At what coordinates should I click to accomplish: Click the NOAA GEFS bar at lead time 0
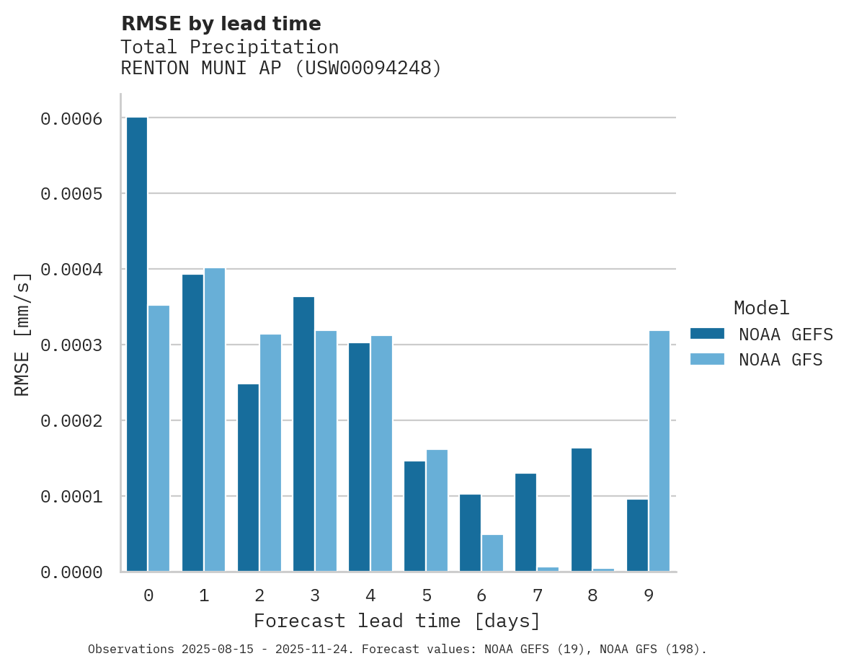[x=137, y=344]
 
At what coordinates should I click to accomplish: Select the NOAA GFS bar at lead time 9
[x=659, y=451]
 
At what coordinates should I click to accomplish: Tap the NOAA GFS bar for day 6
[x=492, y=553]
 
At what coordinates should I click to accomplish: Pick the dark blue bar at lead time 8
[x=582, y=510]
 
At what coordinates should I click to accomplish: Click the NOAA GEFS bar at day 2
[x=248, y=477]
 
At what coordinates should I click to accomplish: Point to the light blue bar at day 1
[x=215, y=420]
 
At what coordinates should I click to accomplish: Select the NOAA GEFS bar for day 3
[x=303, y=434]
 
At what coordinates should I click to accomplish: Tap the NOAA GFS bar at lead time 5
[x=437, y=510]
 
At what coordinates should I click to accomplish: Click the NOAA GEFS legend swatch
[x=706, y=334]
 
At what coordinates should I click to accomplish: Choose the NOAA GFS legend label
[x=781, y=360]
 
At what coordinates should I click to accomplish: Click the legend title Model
[x=761, y=308]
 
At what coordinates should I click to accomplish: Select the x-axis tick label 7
[x=537, y=595]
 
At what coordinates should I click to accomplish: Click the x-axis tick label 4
[x=370, y=595]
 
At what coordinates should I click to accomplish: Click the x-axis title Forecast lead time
[x=396, y=621]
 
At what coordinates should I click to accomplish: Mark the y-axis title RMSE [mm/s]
[x=23, y=334]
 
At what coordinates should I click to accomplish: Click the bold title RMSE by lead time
[x=221, y=24]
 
